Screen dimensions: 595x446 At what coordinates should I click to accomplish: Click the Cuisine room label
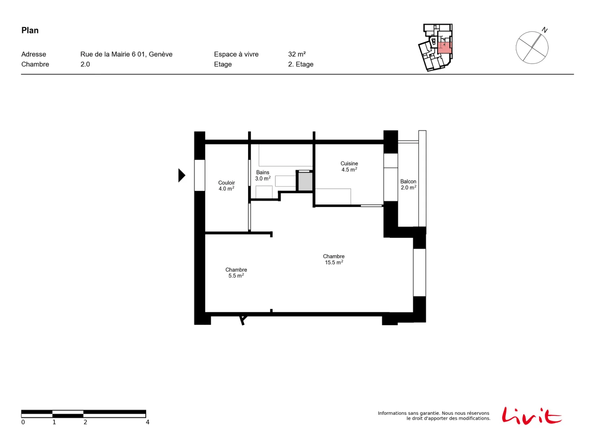[349, 163]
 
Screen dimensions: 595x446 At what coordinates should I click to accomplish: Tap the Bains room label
[263, 172]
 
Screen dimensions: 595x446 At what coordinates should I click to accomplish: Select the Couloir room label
[226, 182]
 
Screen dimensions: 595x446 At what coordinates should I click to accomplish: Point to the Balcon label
[408, 181]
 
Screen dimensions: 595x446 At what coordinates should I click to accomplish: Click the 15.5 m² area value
[334, 262]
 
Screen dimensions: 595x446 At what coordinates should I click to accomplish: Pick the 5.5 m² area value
[236, 276]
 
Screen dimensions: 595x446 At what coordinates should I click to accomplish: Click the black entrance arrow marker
[181, 175]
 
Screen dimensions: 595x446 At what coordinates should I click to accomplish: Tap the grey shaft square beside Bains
[305, 181]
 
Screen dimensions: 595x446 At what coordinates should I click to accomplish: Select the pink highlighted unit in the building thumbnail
[444, 48]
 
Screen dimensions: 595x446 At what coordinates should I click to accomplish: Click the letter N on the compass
[544, 30]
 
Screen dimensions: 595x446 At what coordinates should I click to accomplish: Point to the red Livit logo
[531, 416]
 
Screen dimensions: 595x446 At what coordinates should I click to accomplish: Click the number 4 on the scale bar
[148, 422]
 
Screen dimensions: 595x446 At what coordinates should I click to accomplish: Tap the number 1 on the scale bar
[54, 422]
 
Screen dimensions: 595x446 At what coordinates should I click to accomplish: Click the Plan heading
[30, 30]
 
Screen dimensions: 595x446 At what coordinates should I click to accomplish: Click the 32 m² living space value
[297, 54]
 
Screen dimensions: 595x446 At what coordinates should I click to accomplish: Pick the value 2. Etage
[300, 64]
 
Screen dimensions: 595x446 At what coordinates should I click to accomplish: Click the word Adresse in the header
[33, 54]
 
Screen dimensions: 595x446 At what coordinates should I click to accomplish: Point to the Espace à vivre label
[236, 54]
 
